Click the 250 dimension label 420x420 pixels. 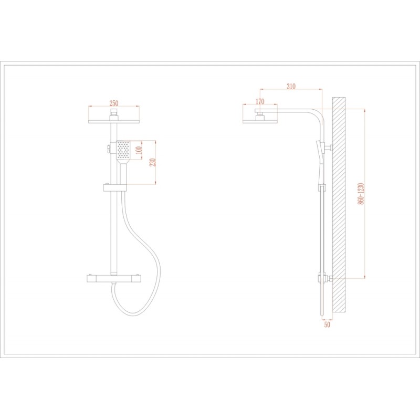coord(114,103)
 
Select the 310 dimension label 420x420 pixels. coord(291,86)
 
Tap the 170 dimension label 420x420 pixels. coord(260,101)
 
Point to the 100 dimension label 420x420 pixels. coord(139,150)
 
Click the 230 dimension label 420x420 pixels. coord(152,162)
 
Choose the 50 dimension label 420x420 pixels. coord(327,324)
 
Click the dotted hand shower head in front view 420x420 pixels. coord(123,150)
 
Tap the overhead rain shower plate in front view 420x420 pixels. coord(114,122)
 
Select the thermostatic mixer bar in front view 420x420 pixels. coord(113,279)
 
